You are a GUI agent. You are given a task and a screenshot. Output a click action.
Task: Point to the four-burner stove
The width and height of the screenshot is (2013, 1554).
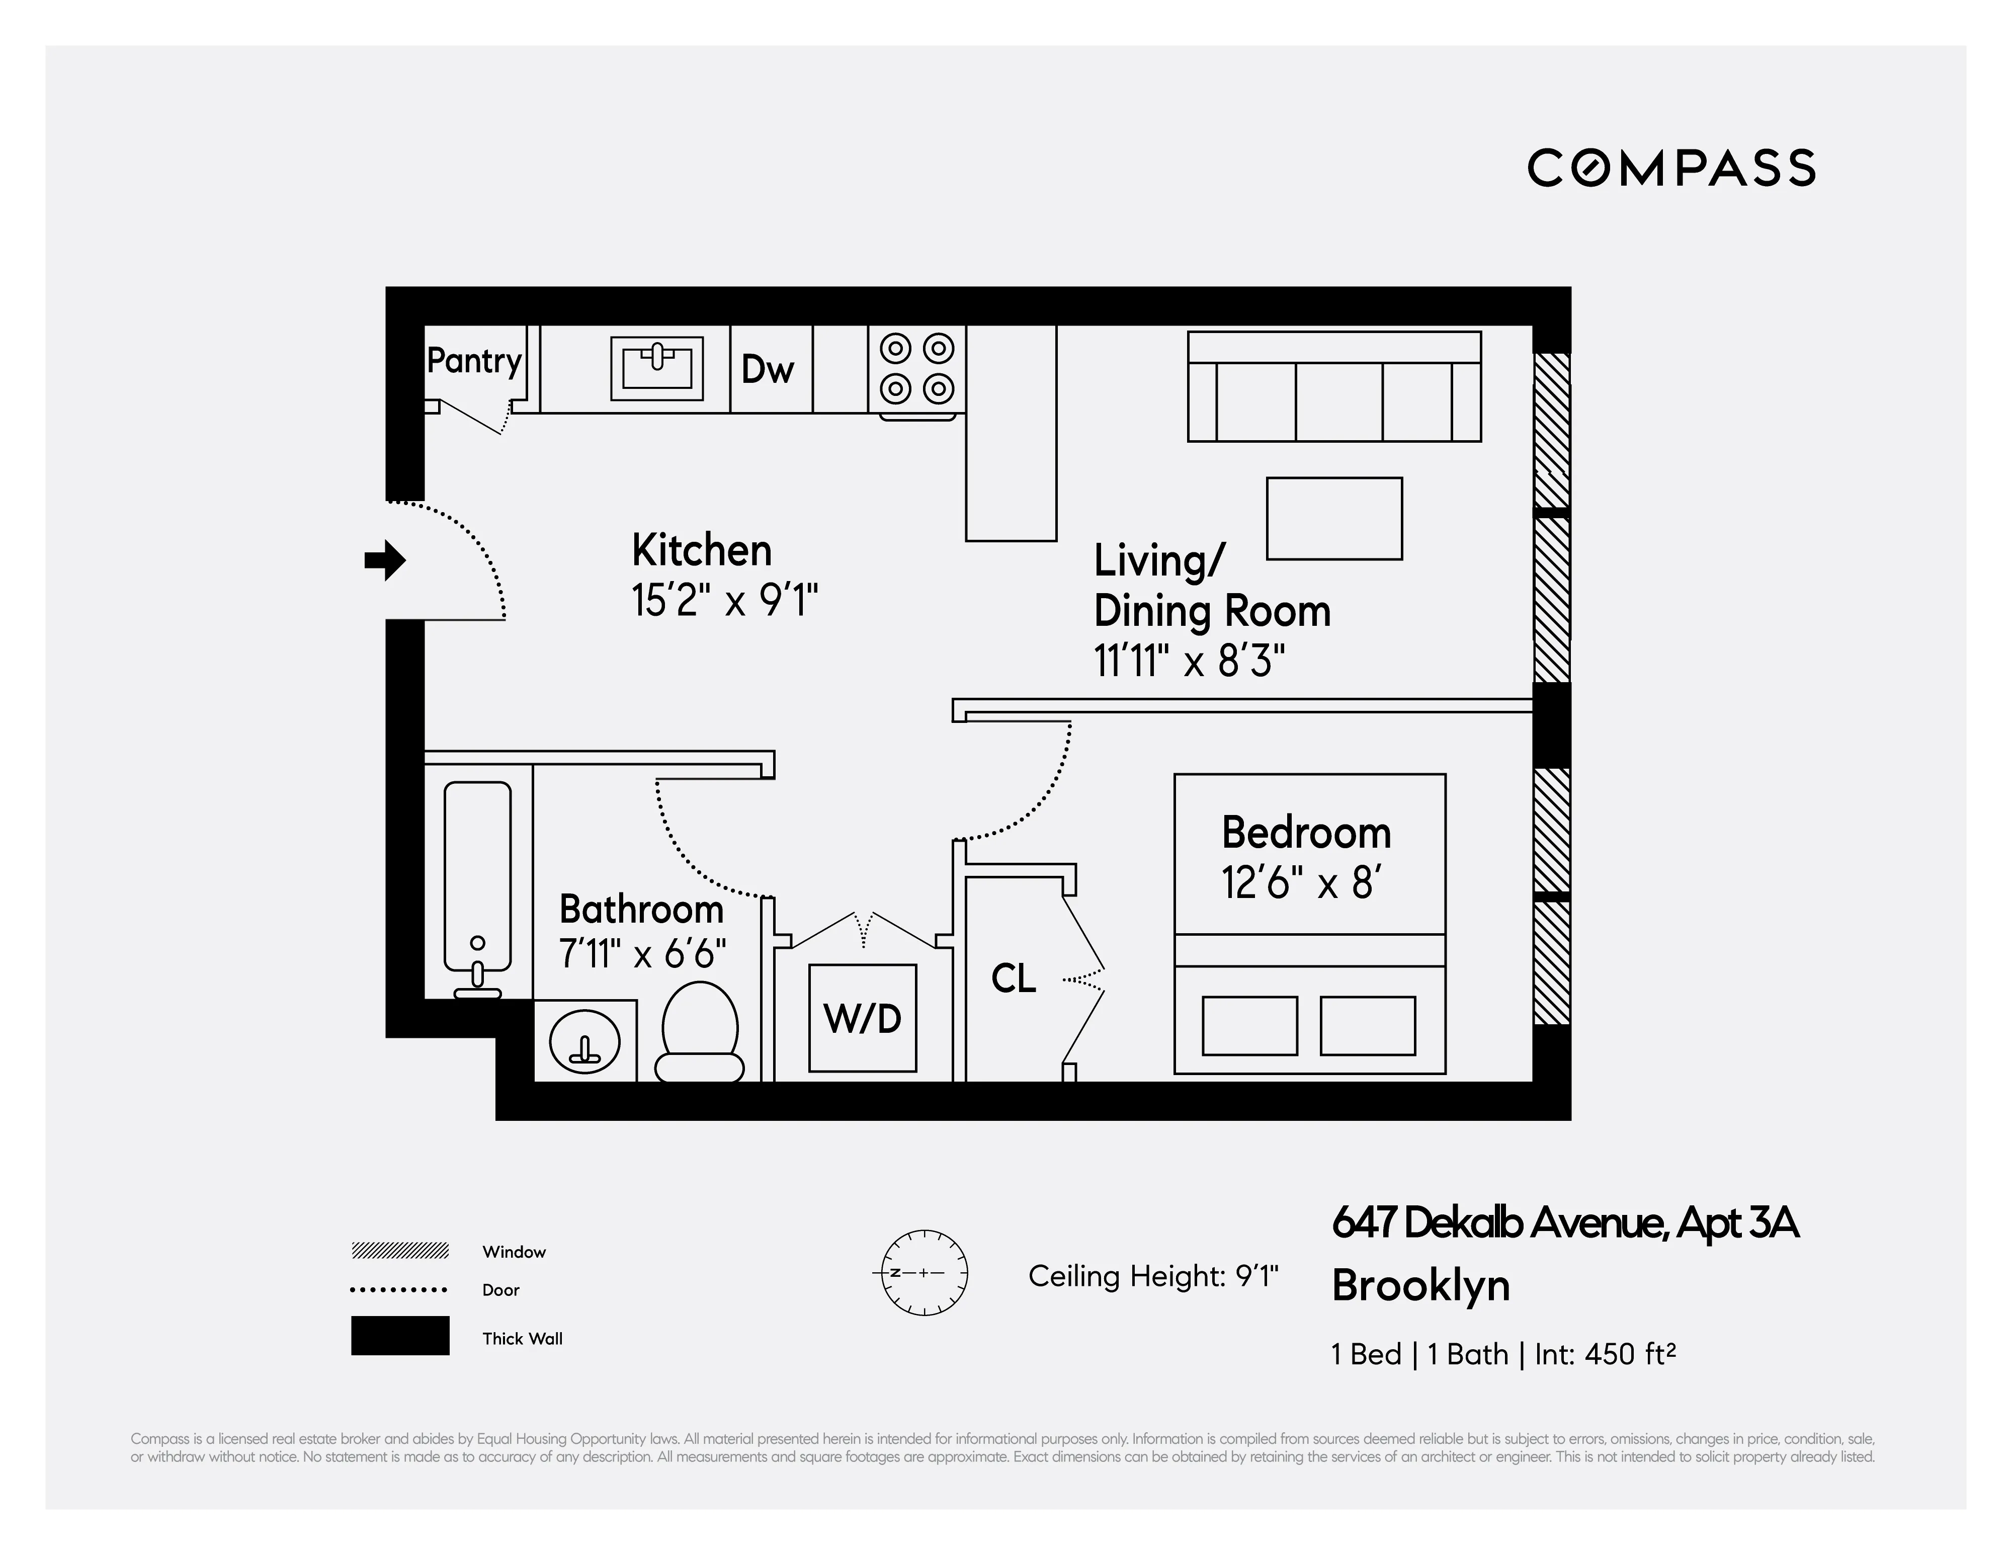[916, 369]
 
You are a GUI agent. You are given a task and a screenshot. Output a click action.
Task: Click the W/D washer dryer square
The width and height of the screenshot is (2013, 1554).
[862, 1019]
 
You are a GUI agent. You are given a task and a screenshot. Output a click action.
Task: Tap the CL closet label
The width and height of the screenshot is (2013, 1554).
[1013, 978]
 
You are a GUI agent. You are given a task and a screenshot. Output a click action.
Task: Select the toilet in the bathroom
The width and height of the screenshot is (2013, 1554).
[700, 1032]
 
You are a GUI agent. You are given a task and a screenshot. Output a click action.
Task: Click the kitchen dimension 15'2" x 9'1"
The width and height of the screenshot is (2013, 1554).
[724, 601]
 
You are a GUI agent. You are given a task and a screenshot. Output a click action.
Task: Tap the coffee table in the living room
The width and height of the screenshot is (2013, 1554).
[1334, 519]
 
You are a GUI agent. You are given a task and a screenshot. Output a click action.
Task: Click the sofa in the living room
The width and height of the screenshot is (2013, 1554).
[1334, 387]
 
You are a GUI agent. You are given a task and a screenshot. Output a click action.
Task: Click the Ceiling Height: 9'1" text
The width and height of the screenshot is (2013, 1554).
[1153, 1276]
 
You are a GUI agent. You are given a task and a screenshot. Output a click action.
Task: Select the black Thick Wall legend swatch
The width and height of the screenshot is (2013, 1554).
[400, 1336]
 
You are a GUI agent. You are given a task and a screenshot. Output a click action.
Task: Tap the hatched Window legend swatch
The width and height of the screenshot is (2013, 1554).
[400, 1251]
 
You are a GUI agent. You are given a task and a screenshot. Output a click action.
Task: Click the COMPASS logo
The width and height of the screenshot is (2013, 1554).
[1671, 169]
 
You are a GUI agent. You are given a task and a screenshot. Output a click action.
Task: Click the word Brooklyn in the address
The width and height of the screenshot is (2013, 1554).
[1420, 1286]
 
